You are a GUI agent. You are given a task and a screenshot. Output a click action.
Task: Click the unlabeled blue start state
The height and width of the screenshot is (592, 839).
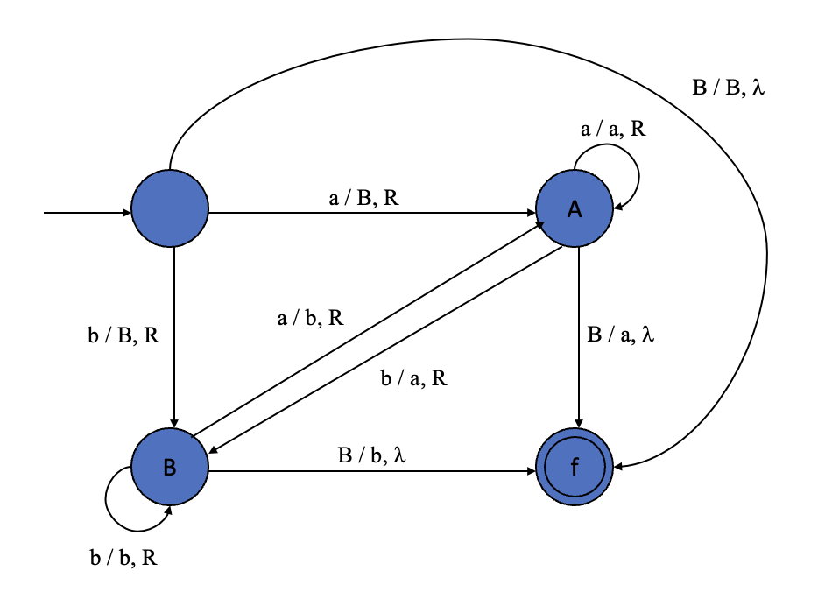170,208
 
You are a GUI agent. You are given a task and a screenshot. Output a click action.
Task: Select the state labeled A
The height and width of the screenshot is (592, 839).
575,208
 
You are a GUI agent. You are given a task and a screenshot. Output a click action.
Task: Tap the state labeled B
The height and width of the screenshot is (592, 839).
170,467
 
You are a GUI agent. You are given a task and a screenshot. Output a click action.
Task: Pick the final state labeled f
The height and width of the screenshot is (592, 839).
575,467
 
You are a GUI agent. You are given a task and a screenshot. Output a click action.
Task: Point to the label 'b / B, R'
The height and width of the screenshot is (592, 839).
123,335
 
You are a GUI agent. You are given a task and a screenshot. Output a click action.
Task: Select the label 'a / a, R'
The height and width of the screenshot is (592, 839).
613,130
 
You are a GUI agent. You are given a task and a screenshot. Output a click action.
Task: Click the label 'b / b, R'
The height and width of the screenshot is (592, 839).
123,558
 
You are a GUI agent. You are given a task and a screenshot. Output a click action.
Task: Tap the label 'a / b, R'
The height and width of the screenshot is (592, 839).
310,319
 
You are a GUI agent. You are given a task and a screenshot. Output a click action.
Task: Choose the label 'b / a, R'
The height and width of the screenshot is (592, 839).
413,378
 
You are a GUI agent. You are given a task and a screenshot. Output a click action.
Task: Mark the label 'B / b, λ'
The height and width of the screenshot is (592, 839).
372,455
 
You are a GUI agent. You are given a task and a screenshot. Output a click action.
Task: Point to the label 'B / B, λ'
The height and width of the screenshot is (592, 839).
728,88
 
